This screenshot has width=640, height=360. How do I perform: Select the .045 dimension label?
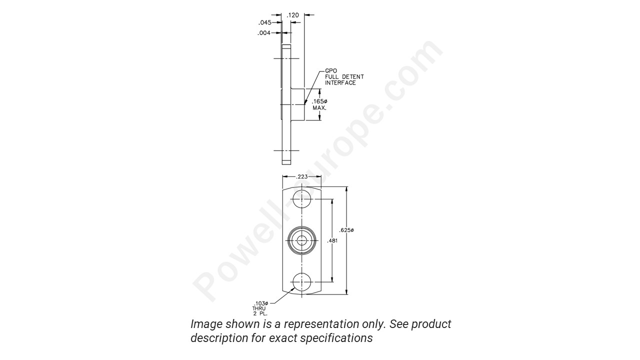coord(264,22)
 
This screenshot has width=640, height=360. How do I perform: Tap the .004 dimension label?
coord(264,33)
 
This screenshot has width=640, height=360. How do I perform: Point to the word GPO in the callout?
coord(330,71)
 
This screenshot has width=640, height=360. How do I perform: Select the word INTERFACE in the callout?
coord(340,82)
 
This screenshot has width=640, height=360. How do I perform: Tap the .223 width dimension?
coord(301,176)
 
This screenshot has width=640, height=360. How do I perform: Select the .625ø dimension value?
coord(346,230)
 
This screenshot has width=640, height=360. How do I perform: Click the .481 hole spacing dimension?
coord(332,241)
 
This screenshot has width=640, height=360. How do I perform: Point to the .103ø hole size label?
coord(261,303)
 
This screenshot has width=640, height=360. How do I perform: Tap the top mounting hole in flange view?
coord(302,198)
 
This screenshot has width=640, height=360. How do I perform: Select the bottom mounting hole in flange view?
coord(302,282)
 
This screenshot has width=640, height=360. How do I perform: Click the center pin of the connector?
coord(302,240)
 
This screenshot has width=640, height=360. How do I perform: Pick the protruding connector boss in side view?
coord(298,104)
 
